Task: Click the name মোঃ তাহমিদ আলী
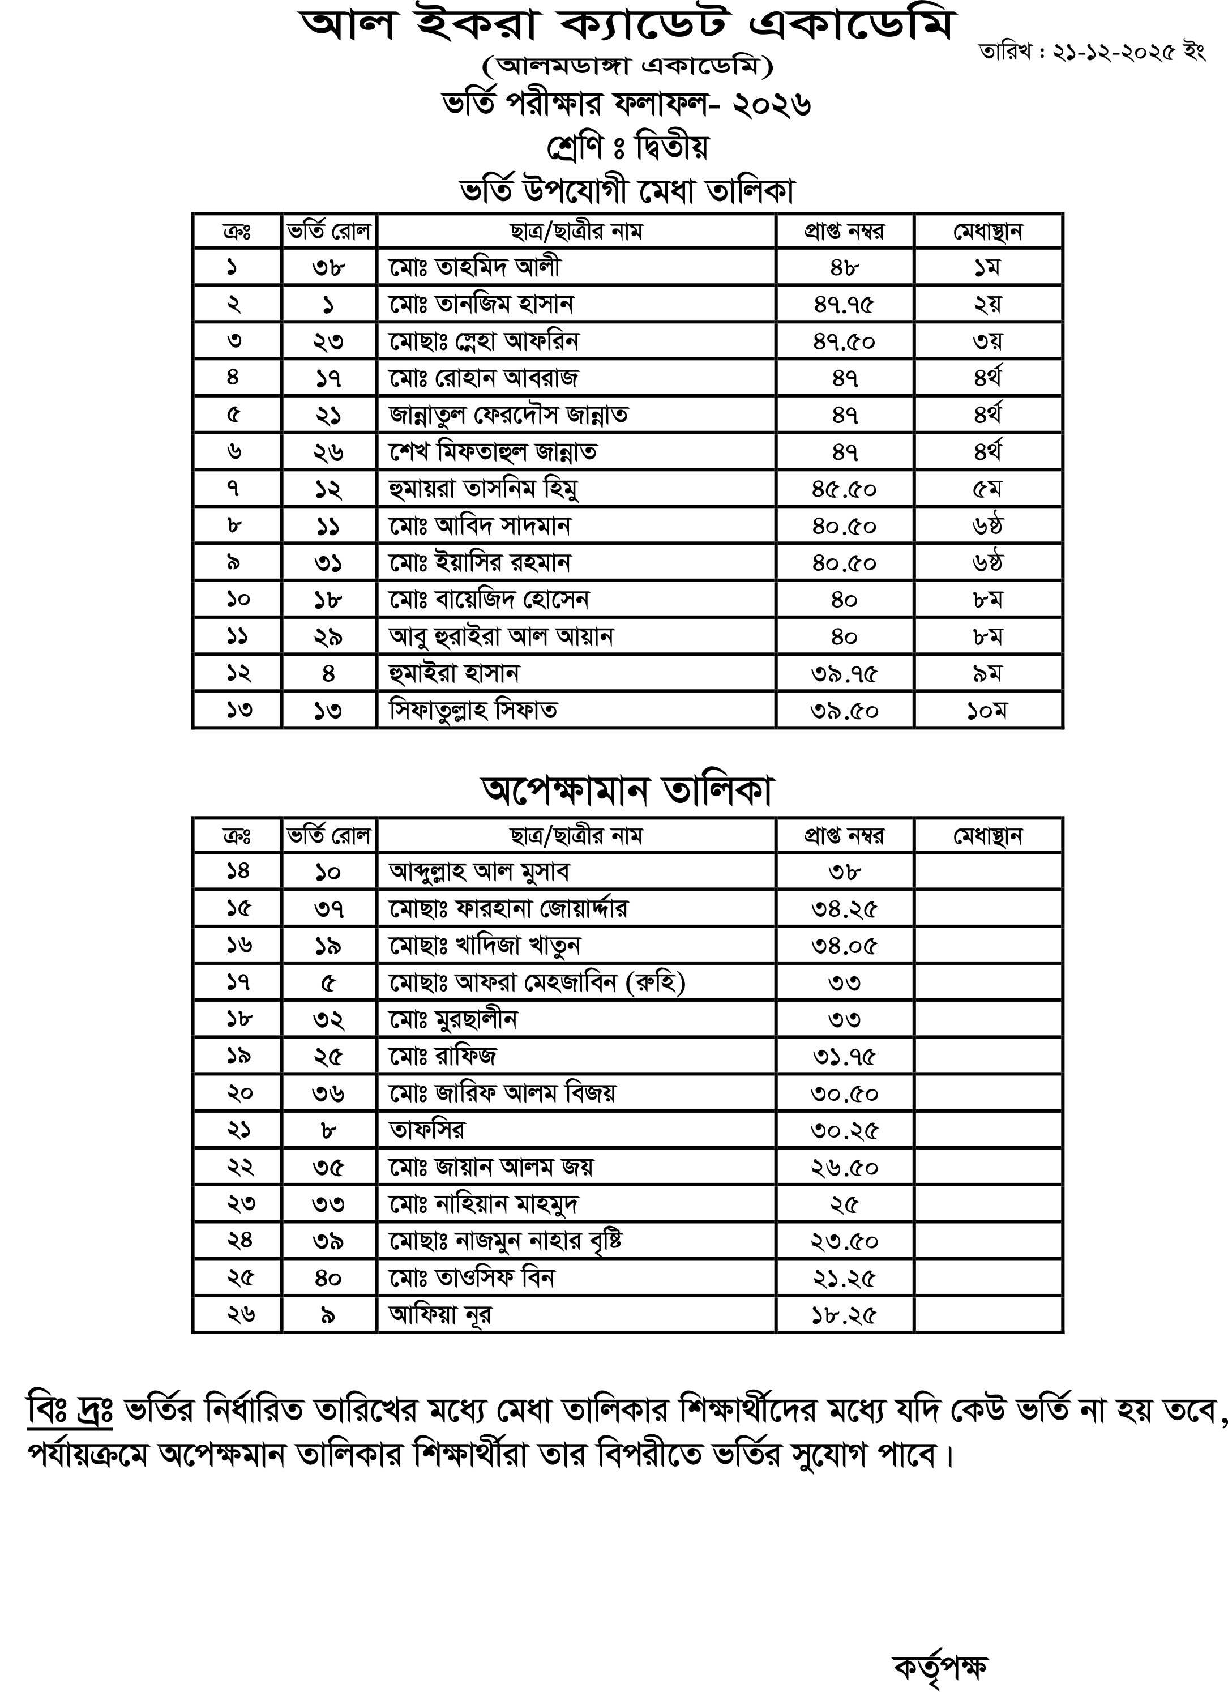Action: [x=474, y=267]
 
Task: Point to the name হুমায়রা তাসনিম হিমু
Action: [x=484, y=489]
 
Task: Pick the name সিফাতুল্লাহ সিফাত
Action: [x=473, y=710]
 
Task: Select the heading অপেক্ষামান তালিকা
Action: [x=627, y=791]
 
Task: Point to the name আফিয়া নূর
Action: [x=440, y=1315]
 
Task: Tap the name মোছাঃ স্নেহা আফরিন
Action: [x=484, y=341]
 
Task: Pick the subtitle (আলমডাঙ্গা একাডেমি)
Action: [x=627, y=66]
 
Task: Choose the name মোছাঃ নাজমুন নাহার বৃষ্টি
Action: [x=505, y=1241]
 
